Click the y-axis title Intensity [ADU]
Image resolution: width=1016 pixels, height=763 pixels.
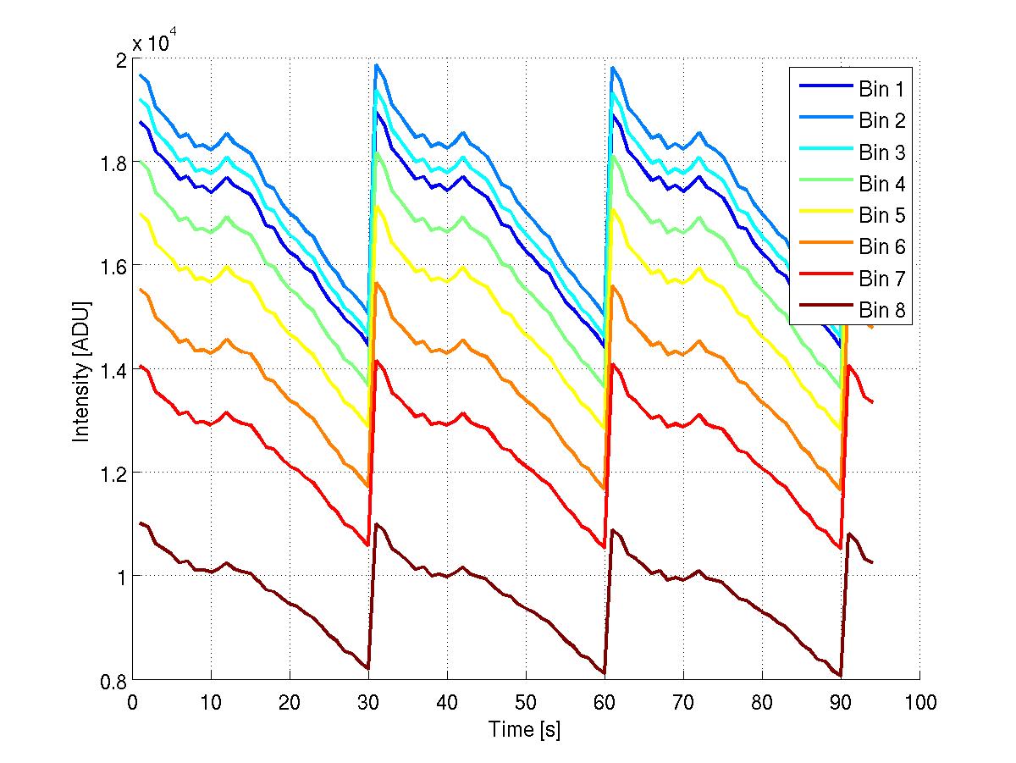[x=81, y=371]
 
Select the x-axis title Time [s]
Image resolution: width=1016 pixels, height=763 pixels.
[x=525, y=728]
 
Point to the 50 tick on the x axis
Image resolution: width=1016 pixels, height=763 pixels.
[x=526, y=702]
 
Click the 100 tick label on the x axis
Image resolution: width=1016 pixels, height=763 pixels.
[x=919, y=702]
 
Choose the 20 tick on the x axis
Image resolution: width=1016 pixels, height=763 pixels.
[x=290, y=702]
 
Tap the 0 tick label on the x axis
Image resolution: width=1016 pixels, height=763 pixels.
[x=132, y=702]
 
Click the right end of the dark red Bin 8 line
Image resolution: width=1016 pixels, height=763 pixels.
[x=872, y=562]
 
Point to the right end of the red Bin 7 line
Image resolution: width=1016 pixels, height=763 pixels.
[x=872, y=402]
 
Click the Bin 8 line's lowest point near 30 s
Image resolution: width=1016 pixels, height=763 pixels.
[x=368, y=669]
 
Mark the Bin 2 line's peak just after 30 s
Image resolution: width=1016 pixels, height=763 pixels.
[x=376, y=65]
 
